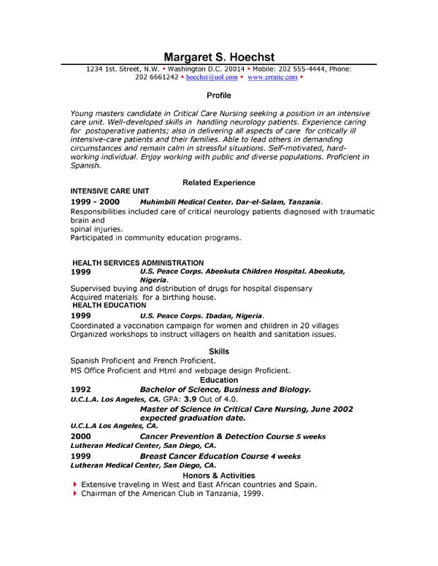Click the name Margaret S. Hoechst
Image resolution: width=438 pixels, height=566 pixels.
[x=218, y=57]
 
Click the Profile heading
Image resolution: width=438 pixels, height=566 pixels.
[x=218, y=96]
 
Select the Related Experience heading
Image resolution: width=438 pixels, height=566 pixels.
[x=218, y=182]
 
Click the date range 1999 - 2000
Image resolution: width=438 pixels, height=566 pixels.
[x=95, y=201]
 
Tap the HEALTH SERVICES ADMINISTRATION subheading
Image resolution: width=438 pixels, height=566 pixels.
[x=138, y=263]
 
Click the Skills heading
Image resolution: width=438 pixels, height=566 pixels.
[x=218, y=352]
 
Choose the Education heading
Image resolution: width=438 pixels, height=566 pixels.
[x=218, y=380]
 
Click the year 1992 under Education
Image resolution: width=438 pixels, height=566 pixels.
[x=80, y=389]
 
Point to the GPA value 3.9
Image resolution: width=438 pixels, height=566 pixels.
[x=189, y=400]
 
